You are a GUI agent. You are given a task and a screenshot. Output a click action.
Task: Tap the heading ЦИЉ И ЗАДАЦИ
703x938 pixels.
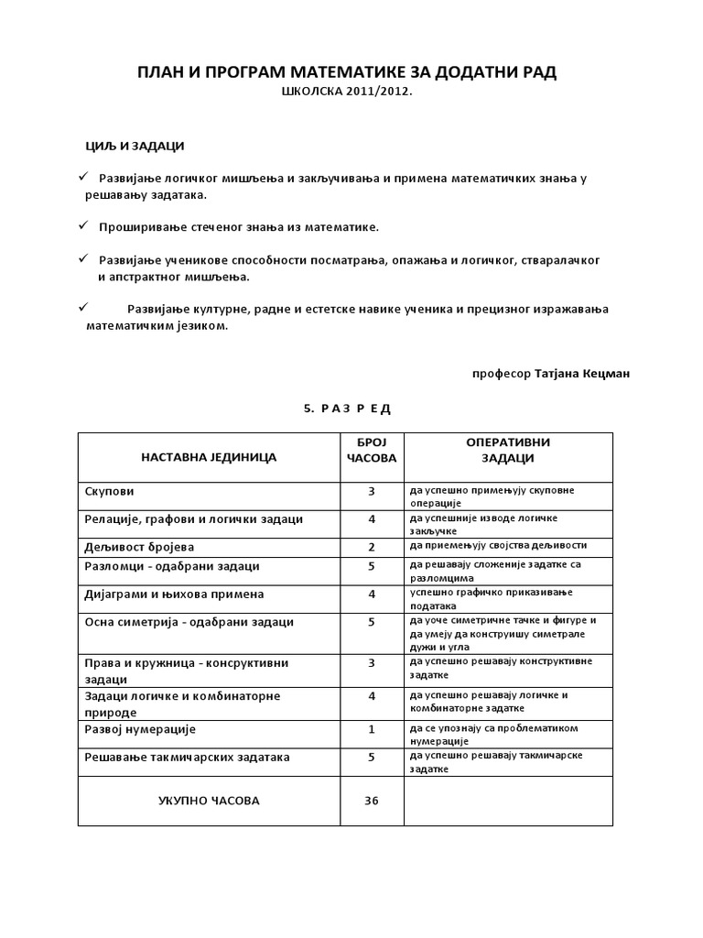point(129,147)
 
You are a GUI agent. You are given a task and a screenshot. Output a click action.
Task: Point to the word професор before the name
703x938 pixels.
point(501,374)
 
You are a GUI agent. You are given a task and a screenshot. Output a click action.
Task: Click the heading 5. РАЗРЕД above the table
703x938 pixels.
point(346,409)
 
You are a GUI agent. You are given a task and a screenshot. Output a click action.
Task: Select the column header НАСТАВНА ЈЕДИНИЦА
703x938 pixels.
point(209,457)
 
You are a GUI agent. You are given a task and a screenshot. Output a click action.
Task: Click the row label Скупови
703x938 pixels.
point(108,491)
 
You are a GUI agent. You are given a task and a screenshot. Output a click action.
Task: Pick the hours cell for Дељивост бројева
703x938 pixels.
point(371,547)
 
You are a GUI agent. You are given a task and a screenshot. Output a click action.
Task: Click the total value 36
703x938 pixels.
point(371,801)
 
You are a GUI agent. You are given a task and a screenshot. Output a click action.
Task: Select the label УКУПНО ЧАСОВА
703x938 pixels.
point(209,801)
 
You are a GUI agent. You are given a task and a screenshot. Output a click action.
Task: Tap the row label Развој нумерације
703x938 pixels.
point(139,730)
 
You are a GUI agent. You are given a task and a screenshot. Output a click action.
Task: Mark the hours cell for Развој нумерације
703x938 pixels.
point(371,730)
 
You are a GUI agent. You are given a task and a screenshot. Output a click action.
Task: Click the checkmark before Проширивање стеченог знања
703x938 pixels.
point(82,224)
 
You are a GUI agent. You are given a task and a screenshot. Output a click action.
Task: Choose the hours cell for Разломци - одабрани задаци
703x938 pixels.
point(371,566)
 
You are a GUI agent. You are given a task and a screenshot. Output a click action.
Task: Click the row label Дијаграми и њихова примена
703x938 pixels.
point(173,594)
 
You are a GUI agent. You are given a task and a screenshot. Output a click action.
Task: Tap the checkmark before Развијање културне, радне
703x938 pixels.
point(82,307)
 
